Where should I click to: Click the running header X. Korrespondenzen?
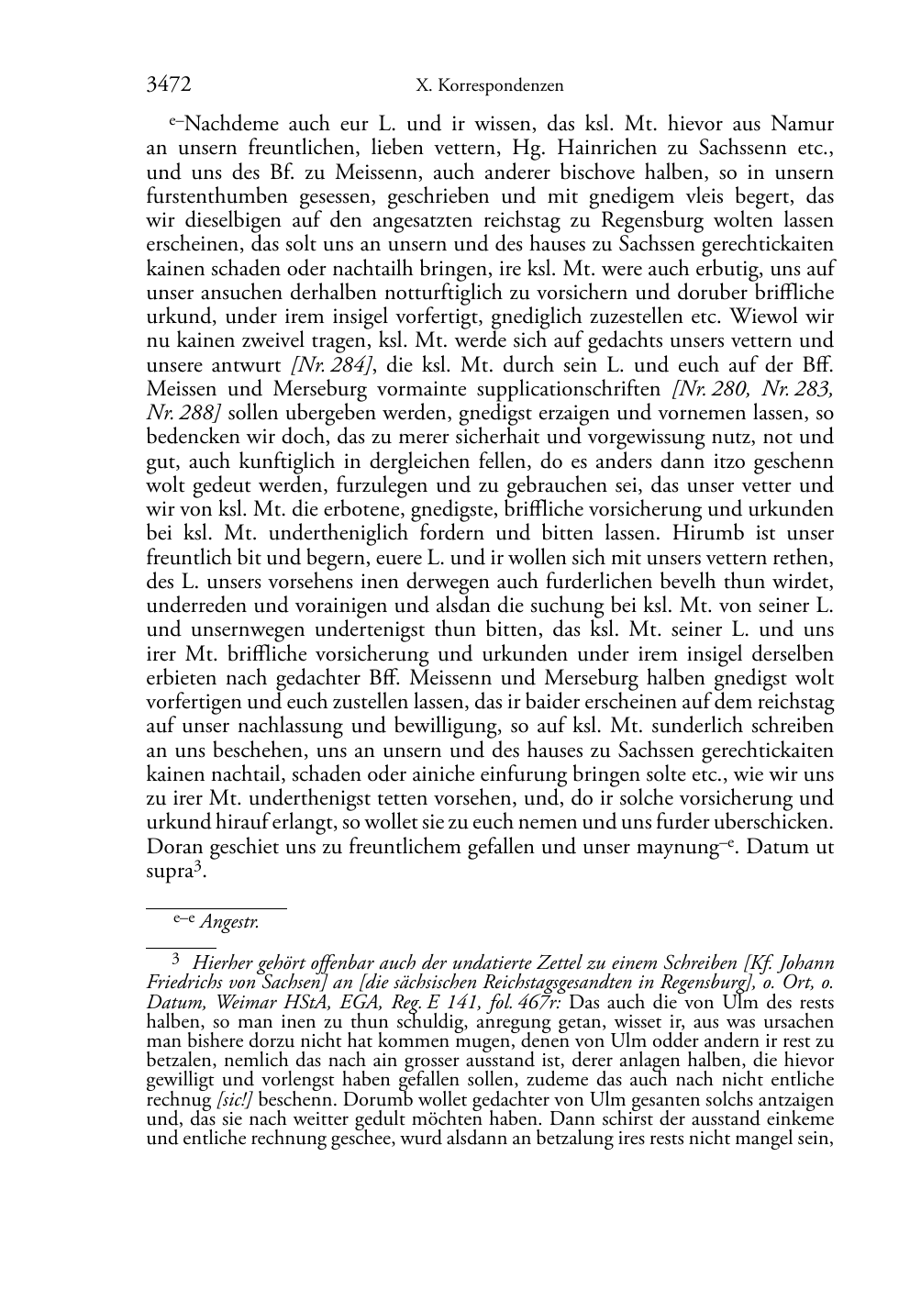[x=489, y=86]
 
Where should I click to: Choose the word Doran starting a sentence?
[x=174, y=847]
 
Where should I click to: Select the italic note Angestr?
[x=229, y=923]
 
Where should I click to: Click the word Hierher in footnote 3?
[x=227, y=963]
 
